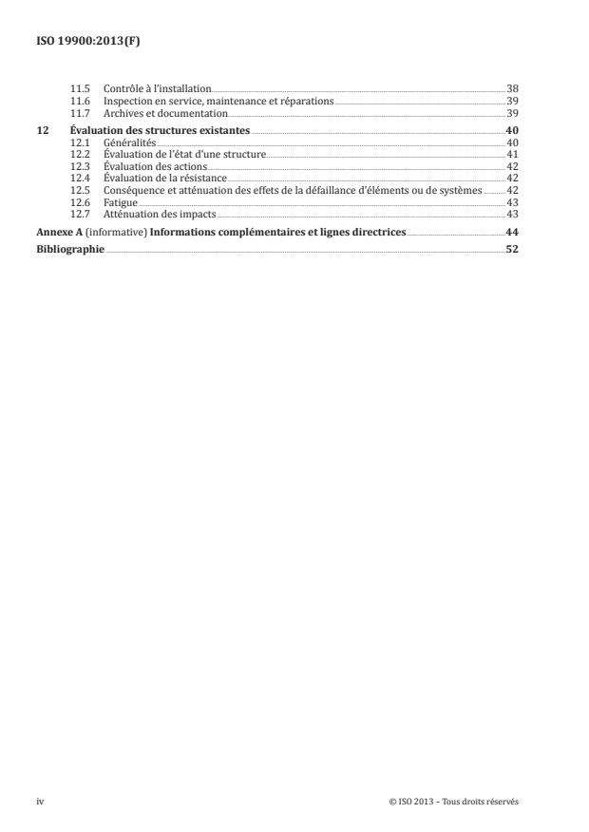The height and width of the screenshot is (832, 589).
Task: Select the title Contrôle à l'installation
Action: click(157, 87)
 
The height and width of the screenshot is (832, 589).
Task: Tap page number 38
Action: click(512, 87)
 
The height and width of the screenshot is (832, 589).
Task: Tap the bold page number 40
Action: click(512, 128)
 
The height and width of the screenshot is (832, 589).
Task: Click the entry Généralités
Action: click(130, 141)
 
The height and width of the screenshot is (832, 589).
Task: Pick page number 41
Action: click(512, 153)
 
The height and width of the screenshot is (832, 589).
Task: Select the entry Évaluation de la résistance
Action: click(165, 178)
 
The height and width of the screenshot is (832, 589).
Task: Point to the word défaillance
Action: click(351, 190)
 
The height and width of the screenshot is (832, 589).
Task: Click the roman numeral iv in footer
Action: click(41, 802)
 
